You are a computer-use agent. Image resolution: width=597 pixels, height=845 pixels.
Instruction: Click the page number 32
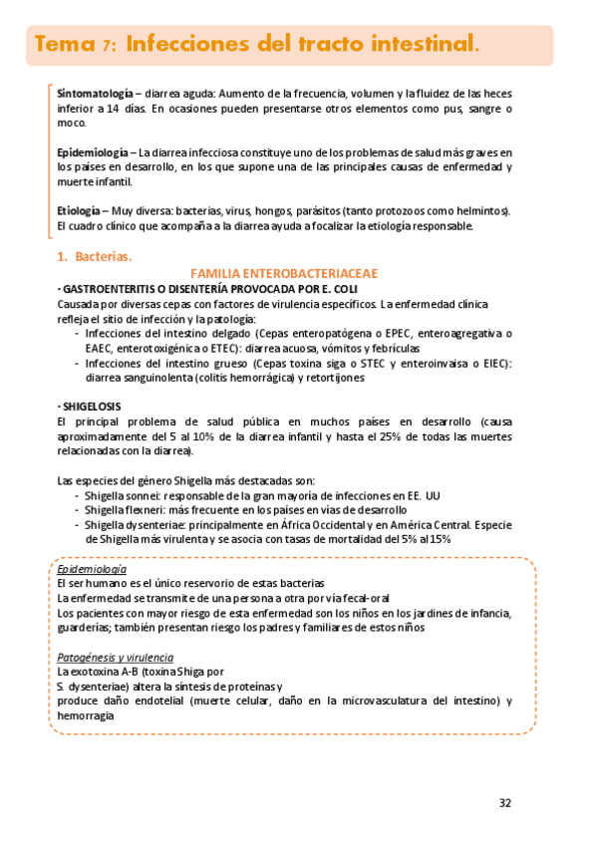(x=505, y=802)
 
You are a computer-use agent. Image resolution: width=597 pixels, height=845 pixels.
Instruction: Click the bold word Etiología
(x=79, y=211)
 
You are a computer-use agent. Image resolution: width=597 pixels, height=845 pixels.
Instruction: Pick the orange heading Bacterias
(x=103, y=257)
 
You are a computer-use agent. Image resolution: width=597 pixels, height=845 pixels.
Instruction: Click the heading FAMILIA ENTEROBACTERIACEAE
(x=283, y=273)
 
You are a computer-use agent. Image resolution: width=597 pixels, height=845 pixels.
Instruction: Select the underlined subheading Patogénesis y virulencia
(x=115, y=657)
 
